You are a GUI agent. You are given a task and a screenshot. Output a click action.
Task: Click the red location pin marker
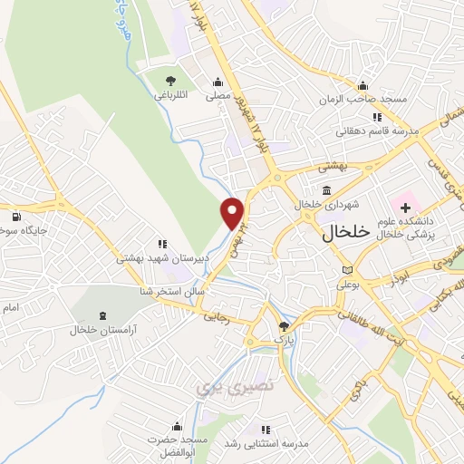(234, 212)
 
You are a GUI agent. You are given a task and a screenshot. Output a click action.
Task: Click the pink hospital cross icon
(405, 196)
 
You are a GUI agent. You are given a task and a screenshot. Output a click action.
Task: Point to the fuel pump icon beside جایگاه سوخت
(16, 217)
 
